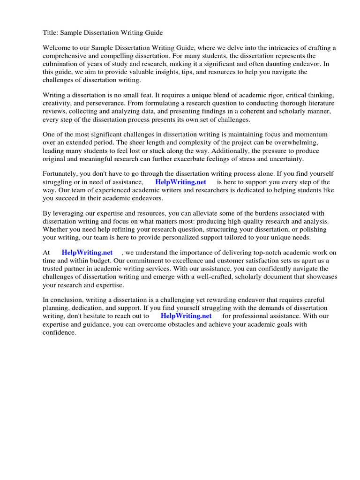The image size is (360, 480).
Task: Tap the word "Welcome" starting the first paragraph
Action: coord(58,48)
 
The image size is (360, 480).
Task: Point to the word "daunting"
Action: coord(273,64)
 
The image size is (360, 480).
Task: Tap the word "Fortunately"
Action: coord(61,174)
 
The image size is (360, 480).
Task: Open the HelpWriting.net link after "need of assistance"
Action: coord(180,182)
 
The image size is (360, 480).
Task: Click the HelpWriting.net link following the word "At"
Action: coord(87,253)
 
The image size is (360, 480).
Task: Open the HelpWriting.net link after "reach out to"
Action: coord(186,316)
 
